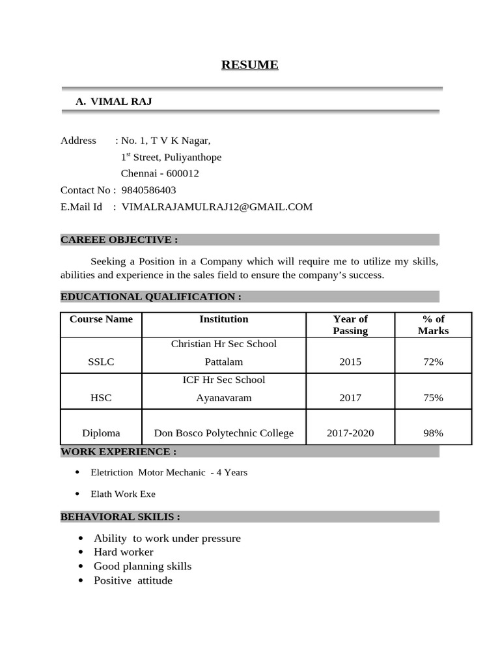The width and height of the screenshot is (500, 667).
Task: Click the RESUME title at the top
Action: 249,64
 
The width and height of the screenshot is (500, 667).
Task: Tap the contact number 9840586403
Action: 148,190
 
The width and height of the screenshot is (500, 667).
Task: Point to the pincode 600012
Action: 182,174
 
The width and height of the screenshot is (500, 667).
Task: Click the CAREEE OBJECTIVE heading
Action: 119,240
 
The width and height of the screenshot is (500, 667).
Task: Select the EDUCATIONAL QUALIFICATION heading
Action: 151,297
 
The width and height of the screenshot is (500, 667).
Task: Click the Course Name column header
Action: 101,319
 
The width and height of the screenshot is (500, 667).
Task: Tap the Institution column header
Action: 223,319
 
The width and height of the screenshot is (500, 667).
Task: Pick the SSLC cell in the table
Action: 101,362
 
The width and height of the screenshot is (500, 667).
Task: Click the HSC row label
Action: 101,397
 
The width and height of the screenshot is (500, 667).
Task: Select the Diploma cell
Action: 101,433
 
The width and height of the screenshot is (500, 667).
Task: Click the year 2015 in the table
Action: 350,362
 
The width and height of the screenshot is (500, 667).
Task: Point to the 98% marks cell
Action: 433,433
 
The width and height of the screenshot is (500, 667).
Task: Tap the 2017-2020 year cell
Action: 350,433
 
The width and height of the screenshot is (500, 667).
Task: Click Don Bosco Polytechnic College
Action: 223,433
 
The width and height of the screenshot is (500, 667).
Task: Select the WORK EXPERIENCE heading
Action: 118,451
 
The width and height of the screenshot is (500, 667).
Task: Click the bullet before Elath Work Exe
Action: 77,494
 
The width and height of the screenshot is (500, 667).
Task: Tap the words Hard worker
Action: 124,552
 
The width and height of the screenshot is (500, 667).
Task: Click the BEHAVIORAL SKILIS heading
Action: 120,517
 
